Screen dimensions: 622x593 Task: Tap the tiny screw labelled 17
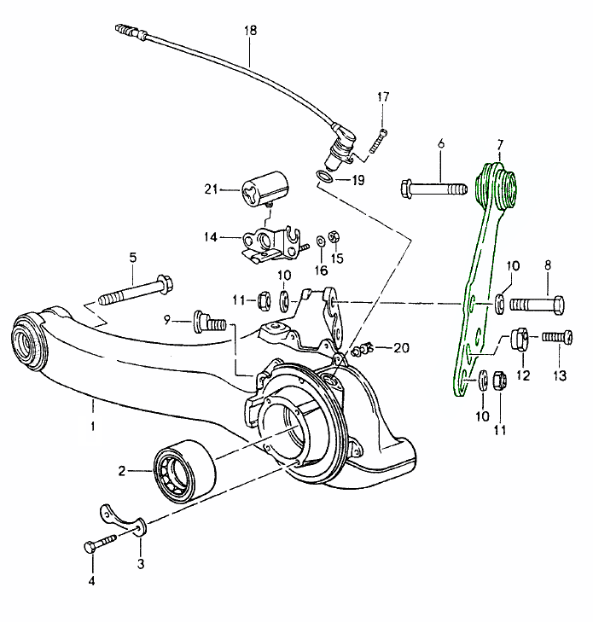click(x=379, y=142)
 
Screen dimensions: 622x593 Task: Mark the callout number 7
click(x=500, y=144)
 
